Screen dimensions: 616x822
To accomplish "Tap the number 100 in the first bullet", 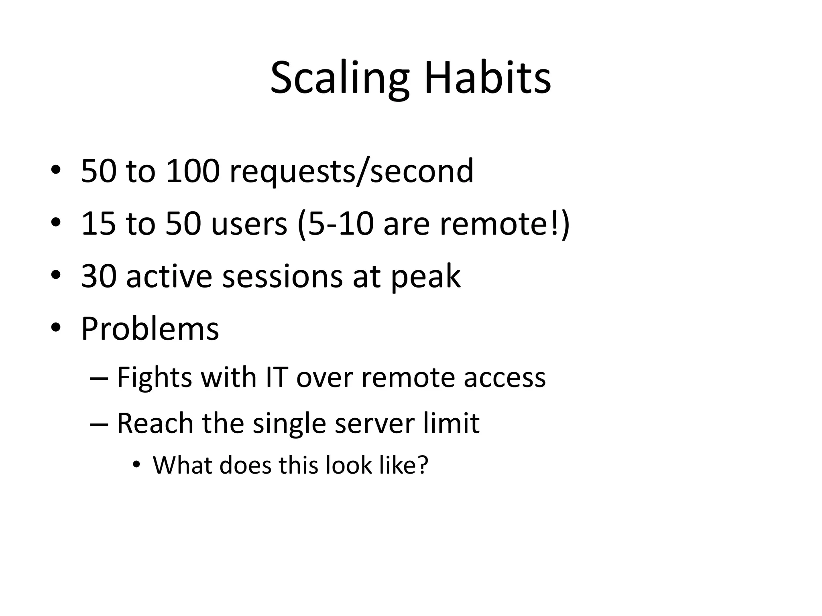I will pos(193,171).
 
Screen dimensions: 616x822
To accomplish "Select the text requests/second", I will pos(351,172).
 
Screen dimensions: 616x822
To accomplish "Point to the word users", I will pos(249,223).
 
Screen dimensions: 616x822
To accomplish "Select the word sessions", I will pos(283,277).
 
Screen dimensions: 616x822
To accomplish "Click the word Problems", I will pos(150,329).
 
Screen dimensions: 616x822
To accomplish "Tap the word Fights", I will pos(154,378).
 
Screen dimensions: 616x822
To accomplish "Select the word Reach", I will pos(155,423).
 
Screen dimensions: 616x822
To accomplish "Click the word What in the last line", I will pos(183,466).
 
